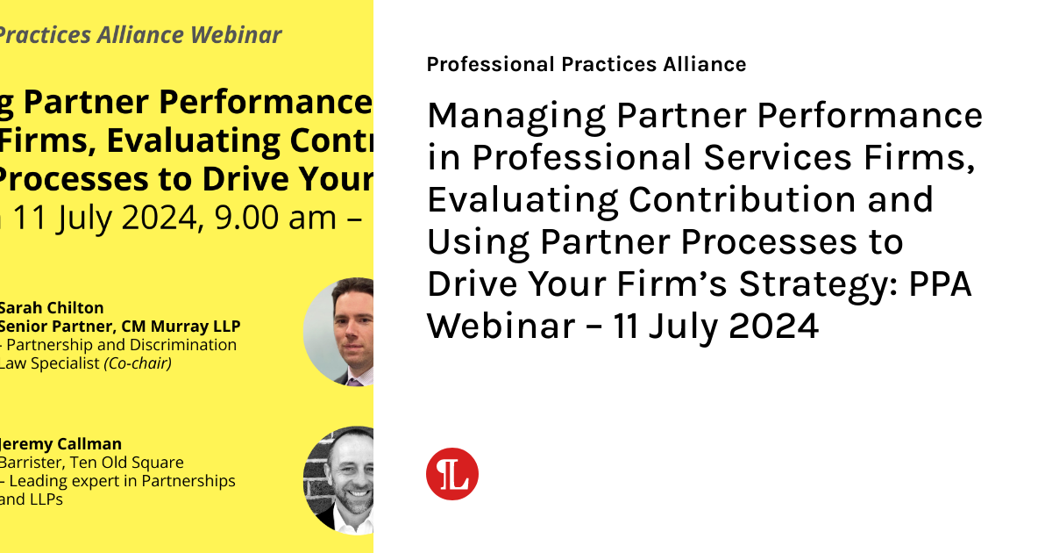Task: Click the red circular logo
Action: [x=452, y=474]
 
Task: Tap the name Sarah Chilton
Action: [x=51, y=308]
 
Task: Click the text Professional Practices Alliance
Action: [x=586, y=64]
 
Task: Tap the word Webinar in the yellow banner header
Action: [x=236, y=35]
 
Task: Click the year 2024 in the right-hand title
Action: [x=774, y=327]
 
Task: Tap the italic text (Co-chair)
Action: [x=137, y=363]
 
